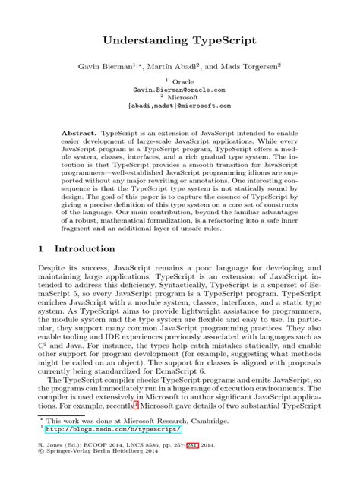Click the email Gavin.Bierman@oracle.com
coord(179,88)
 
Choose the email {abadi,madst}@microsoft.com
coord(179,106)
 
